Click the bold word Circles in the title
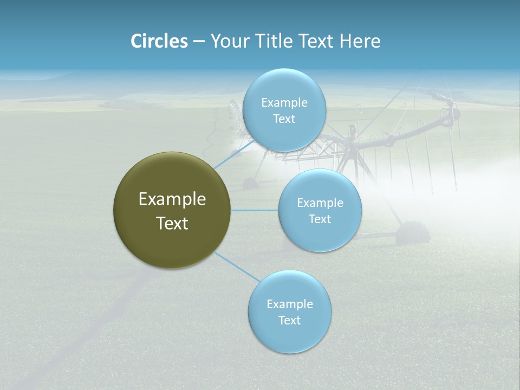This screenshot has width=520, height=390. [159, 41]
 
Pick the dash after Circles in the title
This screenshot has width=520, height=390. [198, 42]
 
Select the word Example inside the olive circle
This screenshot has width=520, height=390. [172, 199]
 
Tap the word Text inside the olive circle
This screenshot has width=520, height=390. [172, 223]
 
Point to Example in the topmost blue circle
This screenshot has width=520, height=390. [284, 102]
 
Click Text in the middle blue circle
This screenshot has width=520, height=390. [320, 219]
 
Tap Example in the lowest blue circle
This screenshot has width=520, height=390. [289, 304]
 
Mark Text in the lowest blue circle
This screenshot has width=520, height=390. [289, 321]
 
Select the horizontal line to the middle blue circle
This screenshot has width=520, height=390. [254, 210]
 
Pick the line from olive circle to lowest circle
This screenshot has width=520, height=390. [237, 266]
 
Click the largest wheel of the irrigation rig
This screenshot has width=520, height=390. [412, 234]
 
